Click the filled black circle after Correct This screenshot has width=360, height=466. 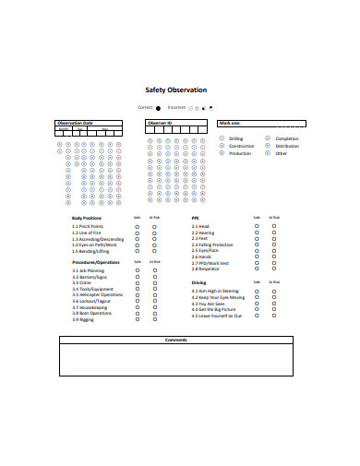158,108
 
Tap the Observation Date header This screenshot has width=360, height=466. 76,123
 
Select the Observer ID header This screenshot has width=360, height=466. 162,123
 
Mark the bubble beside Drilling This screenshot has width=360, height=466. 222,138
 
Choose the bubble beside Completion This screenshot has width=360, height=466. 268,138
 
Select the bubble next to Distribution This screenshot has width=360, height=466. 268,146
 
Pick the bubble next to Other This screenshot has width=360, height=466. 268,153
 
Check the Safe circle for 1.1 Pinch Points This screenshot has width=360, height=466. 138,225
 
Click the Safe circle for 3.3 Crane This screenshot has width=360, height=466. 138,281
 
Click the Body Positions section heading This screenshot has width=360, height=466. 87,218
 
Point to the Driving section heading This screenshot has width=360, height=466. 198,282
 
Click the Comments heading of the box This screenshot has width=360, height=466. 175,340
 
